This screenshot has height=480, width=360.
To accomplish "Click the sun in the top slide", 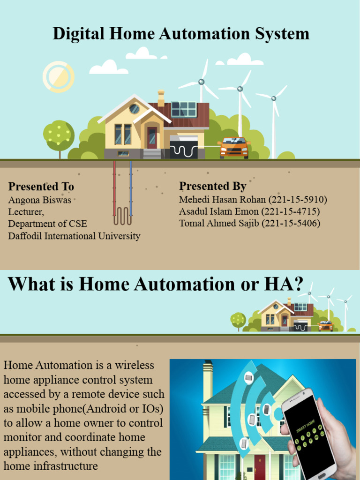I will (x=59, y=77).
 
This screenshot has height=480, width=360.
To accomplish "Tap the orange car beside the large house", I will (x=234, y=148).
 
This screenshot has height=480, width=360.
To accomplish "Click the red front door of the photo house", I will (x=259, y=466).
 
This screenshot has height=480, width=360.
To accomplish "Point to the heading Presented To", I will (x=41, y=186).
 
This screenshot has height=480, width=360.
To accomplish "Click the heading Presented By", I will (x=213, y=186).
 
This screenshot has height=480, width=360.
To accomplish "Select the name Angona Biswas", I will (x=40, y=200).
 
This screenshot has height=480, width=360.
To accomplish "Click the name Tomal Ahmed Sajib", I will (x=219, y=223).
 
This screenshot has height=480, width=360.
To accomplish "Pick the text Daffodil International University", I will (x=74, y=236).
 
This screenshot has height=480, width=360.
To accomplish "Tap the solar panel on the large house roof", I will (x=184, y=109).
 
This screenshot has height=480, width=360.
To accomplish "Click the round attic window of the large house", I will (x=134, y=109).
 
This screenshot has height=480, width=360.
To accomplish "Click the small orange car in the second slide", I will (x=325, y=326).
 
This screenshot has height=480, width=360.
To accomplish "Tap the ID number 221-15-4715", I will (x=290, y=211).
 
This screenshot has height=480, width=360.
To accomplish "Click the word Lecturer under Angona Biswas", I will (x=26, y=212).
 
